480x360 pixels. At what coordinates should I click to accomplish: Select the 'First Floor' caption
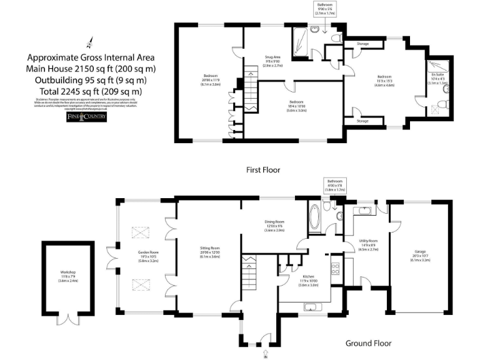[x=263, y=169]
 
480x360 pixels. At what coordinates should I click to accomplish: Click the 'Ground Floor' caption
[x=368, y=343]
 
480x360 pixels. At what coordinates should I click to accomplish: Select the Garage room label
[x=419, y=253]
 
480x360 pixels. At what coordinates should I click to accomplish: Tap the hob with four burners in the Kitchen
[x=335, y=269]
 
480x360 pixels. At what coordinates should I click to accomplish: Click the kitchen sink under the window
[x=311, y=306]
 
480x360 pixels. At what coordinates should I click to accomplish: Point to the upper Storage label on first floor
[x=362, y=44]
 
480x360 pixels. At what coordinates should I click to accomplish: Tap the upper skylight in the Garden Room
[x=141, y=232]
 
